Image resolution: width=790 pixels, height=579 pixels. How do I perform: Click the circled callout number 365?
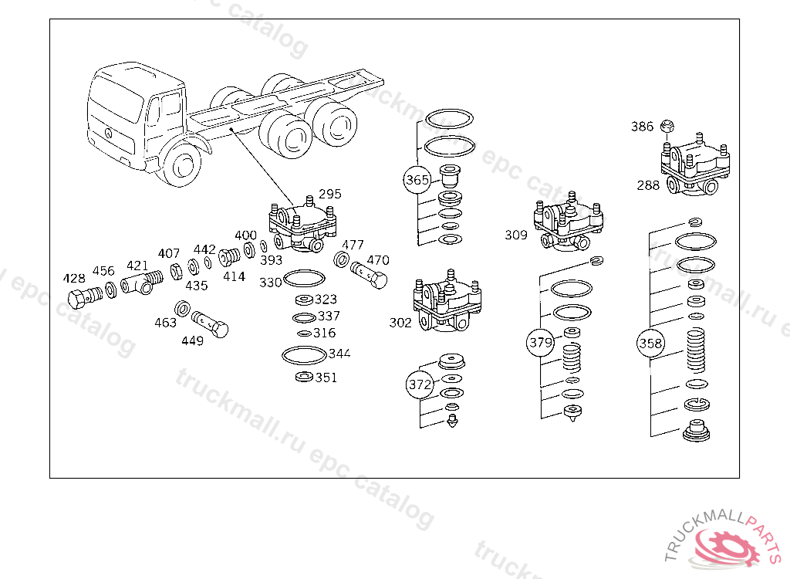tap(417, 180)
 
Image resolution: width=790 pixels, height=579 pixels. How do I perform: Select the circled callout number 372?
tap(420, 384)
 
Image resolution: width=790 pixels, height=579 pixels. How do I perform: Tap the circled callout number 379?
tap(541, 343)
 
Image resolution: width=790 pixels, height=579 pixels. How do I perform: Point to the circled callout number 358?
tap(650, 344)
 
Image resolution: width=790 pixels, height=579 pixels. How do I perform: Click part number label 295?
tap(330, 194)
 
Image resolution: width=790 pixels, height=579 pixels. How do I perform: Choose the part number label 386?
tap(643, 126)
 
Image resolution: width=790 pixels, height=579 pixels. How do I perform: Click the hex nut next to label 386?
tap(667, 126)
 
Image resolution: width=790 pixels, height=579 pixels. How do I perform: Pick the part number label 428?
tap(74, 279)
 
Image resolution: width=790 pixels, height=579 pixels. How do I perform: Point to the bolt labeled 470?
tap(369, 274)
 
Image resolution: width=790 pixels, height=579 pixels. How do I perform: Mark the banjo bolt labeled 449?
tap(210, 323)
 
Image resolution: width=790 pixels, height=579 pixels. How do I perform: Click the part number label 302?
tap(400, 322)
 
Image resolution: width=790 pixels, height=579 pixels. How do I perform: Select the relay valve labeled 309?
tap(569, 222)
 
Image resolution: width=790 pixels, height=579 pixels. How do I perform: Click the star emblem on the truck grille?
tap(108, 133)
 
